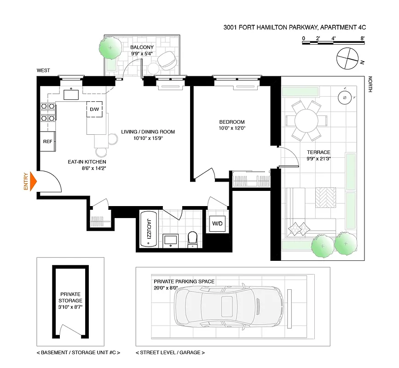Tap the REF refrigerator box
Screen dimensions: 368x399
coord(47,142)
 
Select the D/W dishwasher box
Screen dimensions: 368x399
coord(95,109)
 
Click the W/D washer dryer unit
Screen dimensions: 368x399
coord(217,224)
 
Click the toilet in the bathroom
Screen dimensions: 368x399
coord(193,238)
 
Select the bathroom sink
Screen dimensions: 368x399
coord(171,240)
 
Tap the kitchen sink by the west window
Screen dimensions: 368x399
coord(71,95)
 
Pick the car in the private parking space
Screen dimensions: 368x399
coord(228,305)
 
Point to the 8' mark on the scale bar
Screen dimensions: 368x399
coord(363,39)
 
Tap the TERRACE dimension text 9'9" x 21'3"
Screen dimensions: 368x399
coord(319,159)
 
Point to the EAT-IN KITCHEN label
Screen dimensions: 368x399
coord(87,162)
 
